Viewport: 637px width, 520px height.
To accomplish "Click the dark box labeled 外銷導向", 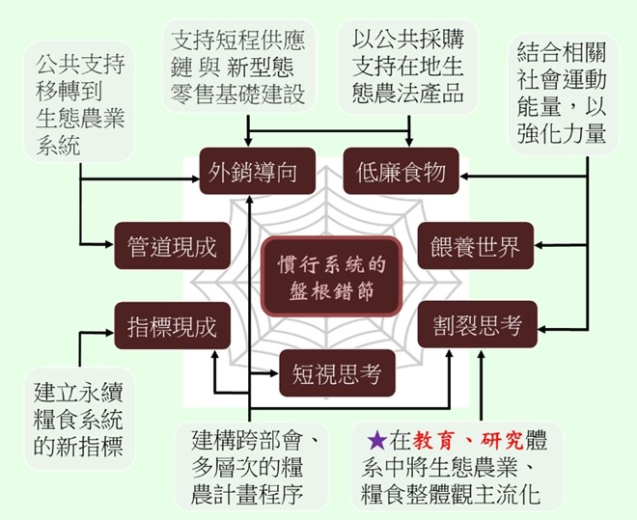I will coord(247,173).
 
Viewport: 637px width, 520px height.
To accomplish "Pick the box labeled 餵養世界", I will coord(474,246).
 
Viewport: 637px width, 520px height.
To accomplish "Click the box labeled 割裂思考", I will coord(472,326).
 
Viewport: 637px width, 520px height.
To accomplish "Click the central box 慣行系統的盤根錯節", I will coord(330,276).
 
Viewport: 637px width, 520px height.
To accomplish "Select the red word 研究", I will coord(503,442).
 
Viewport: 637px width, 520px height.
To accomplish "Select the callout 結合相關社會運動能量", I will coord(562,90).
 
